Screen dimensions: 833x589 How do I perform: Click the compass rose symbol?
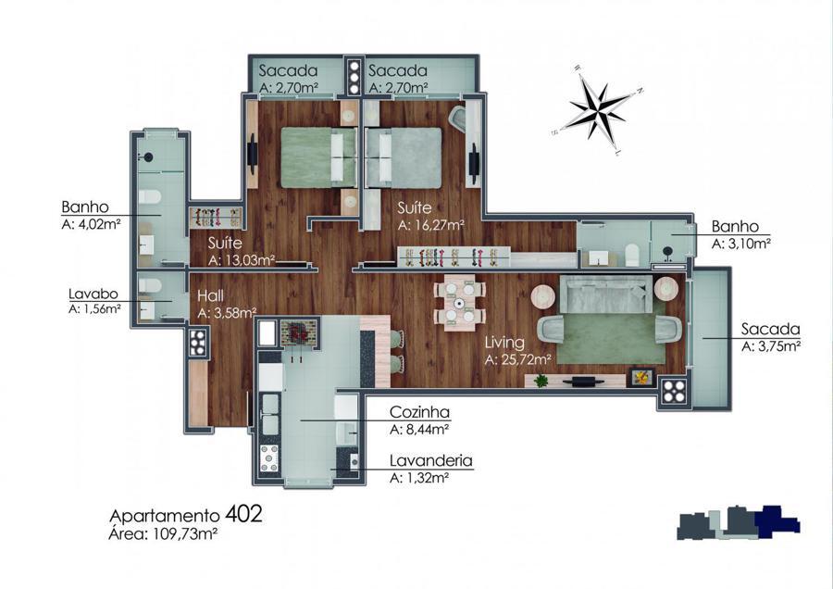pos(599,109)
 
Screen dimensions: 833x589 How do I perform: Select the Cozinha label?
pos(419,412)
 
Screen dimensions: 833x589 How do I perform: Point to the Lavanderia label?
pos(430,460)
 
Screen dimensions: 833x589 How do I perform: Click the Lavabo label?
pos(93,294)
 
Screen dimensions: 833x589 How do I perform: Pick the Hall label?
pos(210,295)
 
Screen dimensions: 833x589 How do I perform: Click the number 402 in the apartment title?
pos(243,514)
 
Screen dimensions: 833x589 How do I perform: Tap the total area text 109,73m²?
pos(185,533)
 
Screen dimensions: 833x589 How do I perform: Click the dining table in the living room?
pos(459,303)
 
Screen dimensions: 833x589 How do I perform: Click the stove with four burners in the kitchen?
pos(269,457)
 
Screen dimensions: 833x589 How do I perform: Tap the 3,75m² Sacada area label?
pos(771,346)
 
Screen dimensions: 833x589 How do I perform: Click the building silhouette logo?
pos(739,522)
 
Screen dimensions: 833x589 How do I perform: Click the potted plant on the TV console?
pos(541,380)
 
